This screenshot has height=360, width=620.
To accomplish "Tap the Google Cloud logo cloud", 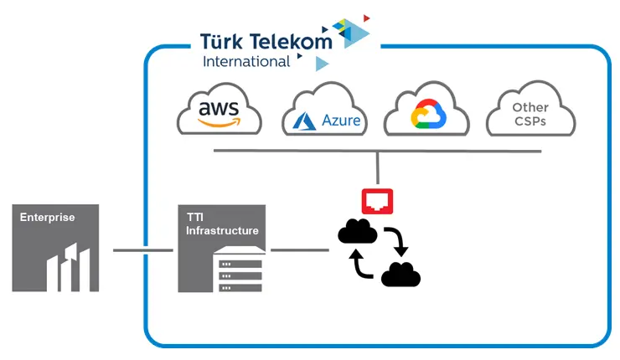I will click(x=428, y=113).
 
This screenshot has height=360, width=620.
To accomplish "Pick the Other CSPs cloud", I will click(x=530, y=113).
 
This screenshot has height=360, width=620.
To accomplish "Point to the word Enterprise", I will click(x=48, y=218).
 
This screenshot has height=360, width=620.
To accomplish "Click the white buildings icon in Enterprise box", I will click(x=67, y=266).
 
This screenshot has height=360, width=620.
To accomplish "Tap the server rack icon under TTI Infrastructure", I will click(x=240, y=273).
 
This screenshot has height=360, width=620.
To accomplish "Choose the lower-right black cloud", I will click(x=400, y=274).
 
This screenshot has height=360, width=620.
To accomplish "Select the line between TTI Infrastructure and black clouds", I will click(x=299, y=249).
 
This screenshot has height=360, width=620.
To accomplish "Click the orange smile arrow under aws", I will click(x=220, y=123).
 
